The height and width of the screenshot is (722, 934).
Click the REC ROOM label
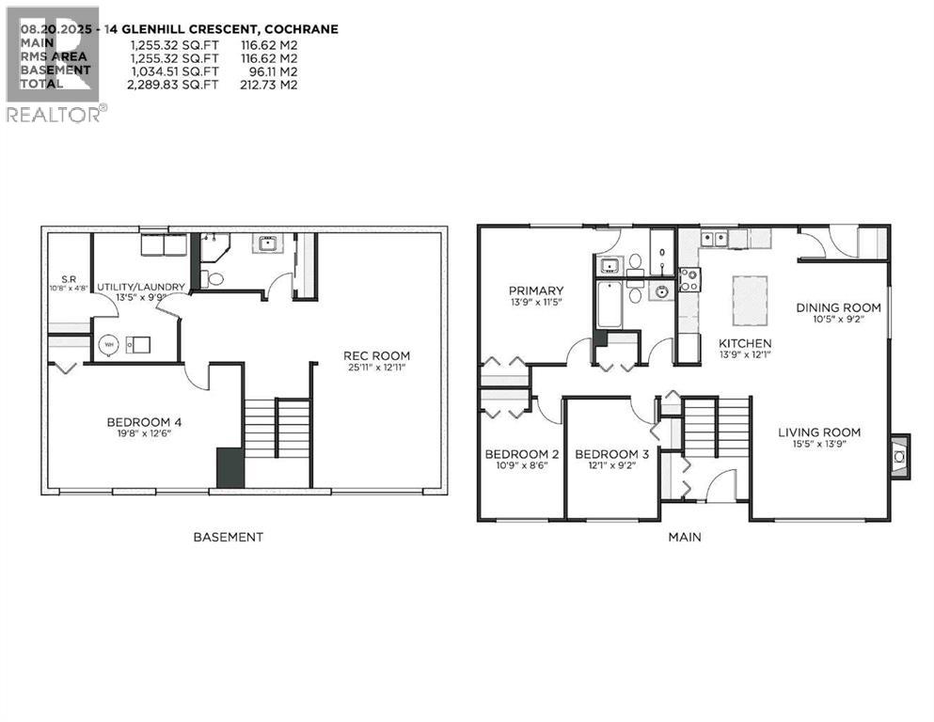click(376, 355)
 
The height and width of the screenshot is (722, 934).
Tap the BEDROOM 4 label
click(144, 422)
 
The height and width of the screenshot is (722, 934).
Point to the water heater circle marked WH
click(110, 344)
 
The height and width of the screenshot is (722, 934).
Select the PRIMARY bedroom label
click(536, 290)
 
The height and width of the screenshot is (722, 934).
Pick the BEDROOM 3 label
click(611, 454)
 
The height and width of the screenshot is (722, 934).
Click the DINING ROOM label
click(838, 307)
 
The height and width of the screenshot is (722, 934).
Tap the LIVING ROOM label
click(818, 432)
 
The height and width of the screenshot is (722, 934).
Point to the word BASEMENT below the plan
click(228, 538)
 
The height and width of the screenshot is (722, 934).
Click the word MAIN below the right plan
click(684, 538)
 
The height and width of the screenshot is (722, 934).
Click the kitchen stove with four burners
click(689, 279)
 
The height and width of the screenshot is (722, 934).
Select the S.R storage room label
click(70, 279)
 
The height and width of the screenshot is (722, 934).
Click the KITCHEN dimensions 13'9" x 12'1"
click(745, 354)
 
